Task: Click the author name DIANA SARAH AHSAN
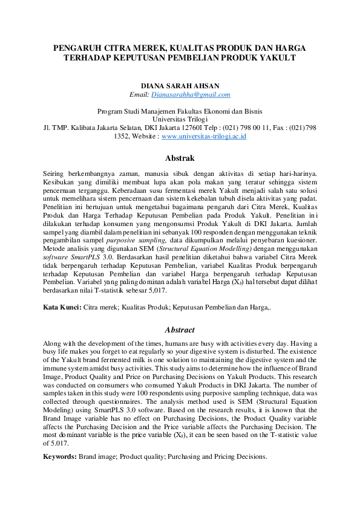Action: pyautogui.click(x=180, y=86)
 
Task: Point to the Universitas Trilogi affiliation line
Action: pyautogui.click(x=180, y=120)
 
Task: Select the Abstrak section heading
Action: pyautogui.click(x=180, y=158)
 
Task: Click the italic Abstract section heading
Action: pyautogui.click(x=180, y=330)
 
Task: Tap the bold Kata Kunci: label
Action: pyautogui.click(x=62, y=308)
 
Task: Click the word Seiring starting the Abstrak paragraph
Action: pyautogui.click(x=56, y=173)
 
